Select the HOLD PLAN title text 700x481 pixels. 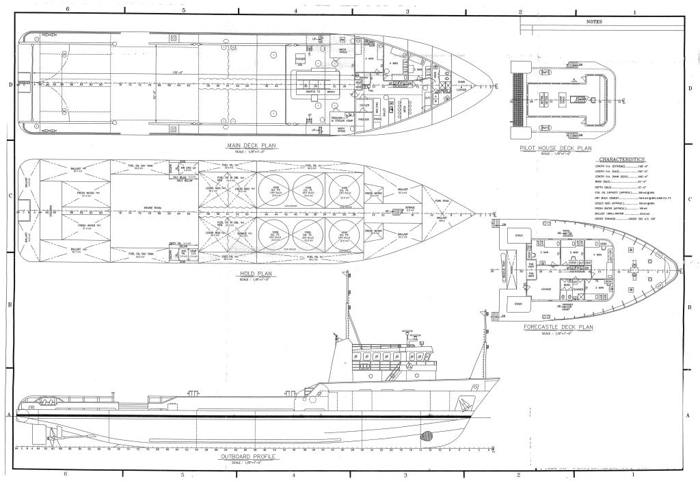[254, 274]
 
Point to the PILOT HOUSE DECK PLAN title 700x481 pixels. [555, 148]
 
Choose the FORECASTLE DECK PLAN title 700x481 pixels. [558, 327]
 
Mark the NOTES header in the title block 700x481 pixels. [595, 21]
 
